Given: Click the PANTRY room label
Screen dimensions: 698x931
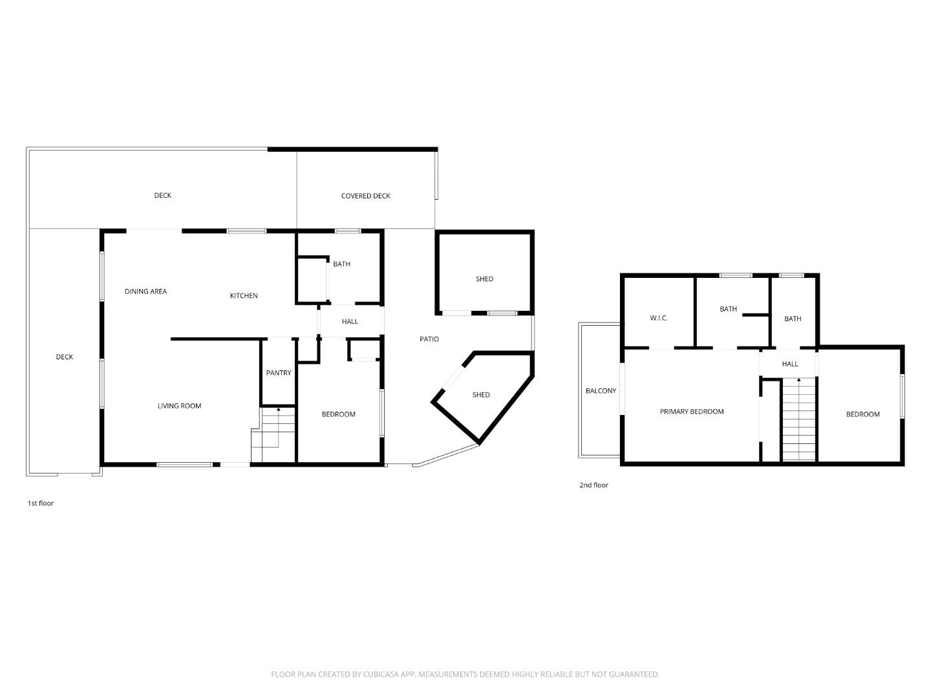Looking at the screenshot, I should coord(279,373).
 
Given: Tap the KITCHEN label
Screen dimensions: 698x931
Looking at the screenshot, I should coord(244,296).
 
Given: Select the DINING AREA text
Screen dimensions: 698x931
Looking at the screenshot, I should coord(145,291).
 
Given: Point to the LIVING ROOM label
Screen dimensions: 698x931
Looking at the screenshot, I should coord(179,406).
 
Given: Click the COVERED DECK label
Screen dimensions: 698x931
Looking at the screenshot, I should coord(365,196).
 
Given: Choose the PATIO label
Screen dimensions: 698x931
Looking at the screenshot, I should coord(429,339).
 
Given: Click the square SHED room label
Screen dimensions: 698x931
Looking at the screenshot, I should coord(484,279).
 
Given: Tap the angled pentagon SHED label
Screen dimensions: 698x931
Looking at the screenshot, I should coord(481,395).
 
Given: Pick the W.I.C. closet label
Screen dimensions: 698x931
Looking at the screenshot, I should coord(659,318).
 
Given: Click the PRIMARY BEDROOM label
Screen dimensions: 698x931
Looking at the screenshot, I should coord(691,412).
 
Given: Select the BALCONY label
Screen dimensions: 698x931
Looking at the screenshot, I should coord(601,391).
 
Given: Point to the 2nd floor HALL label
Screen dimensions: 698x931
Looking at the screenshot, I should coord(790,364).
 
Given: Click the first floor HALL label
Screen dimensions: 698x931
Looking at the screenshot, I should coord(350,321).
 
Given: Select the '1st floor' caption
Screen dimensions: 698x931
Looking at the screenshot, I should coord(40,503).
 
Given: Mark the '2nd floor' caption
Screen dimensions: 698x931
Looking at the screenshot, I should coord(594,485).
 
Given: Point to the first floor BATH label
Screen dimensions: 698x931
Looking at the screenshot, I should coord(341,264).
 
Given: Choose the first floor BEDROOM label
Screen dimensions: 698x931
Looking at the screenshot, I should coord(338,414).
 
